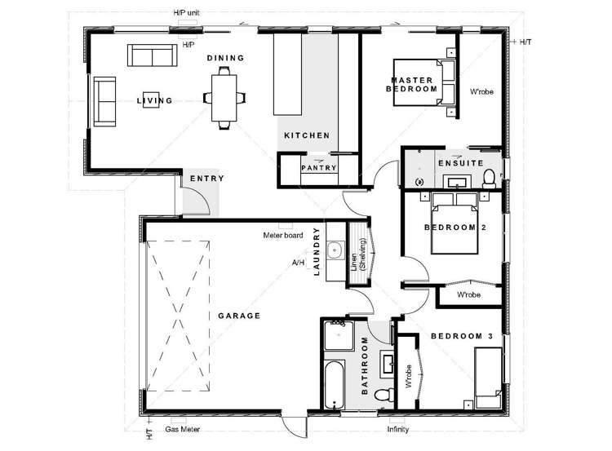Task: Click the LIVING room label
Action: (x=154, y=101)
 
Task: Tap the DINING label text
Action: (x=225, y=58)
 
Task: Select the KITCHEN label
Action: (x=306, y=135)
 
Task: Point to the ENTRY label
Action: (x=206, y=179)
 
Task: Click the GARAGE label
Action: (x=238, y=316)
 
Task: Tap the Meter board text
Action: (x=283, y=236)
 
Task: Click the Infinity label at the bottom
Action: (x=397, y=429)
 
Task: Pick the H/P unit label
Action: (x=186, y=14)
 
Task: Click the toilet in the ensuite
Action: (x=488, y=178)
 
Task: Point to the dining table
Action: (x=221, y=97)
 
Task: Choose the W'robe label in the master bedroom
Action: (x=481, y=92)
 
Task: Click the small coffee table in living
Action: (x=150, y=95)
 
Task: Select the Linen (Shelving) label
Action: (x=359, y=255)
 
